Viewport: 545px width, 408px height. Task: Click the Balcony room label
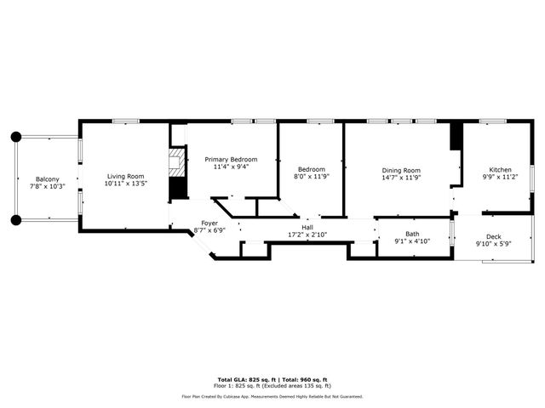click(47, 178)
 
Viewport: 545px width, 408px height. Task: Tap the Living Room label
click(124, 176)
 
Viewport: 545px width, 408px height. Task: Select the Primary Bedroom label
click(231, 159)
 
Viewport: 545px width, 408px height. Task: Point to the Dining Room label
click(401, 171)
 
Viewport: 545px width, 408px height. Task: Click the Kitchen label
click(500, 170)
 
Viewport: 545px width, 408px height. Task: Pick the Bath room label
click(412, 234)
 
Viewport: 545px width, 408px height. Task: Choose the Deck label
click(494, 236)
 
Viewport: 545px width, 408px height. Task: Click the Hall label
click(307, 227)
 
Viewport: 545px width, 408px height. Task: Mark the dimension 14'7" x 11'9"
click(401, 178)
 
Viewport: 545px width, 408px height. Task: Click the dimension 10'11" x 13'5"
click(124, 184)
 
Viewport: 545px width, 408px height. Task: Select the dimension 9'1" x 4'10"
click(412, 241)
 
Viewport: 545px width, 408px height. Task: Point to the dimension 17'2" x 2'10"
click(307, 235)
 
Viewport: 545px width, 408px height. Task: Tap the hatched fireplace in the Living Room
click(177, 164)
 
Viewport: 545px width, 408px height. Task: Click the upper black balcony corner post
click(15, 136)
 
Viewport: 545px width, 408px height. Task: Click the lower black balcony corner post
click(15, 220)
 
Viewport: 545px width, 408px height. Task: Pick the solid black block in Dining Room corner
click(456, 135)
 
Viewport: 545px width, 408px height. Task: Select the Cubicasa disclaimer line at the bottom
click(272, 396)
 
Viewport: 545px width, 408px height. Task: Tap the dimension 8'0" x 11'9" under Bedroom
click(311, 176)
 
